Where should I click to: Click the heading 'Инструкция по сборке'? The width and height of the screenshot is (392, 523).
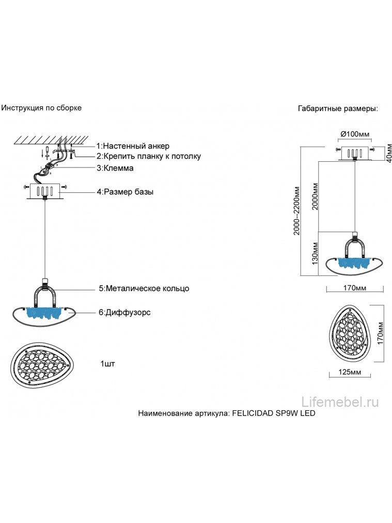pos(41,108)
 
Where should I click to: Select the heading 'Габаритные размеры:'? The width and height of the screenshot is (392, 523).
pos(338,109)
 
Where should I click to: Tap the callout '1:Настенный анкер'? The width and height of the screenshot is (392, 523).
pos(133,146)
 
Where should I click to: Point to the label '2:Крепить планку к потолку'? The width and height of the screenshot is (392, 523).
pos(148,156)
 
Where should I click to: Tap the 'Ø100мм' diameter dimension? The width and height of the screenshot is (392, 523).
pos(355,134)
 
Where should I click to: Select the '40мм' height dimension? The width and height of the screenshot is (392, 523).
pos(382,153)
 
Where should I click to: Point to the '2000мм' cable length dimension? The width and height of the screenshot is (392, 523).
pos(315,195)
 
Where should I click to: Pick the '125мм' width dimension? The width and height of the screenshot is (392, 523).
pos(351,372)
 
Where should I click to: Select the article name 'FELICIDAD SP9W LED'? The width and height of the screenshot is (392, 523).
pos(274,414)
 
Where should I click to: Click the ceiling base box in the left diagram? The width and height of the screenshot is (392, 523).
pos(44,191)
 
